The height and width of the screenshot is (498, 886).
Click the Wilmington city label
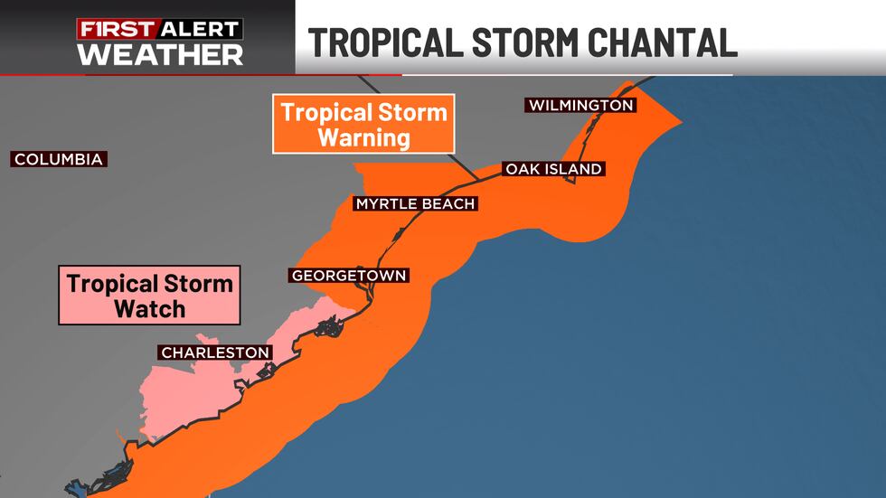(x=580, y=106)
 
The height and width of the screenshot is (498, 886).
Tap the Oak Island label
(x=552, y=169)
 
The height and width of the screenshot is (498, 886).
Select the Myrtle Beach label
(x=415, y=204)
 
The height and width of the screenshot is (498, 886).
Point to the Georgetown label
(x=349, y=276)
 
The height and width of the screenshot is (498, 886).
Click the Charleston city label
(x=215, y=352)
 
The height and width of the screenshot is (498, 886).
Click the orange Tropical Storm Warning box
(x=363, y=125)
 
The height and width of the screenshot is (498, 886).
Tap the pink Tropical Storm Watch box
(x=149, y=296)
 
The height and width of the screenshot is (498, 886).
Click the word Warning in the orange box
(x=363, y=138)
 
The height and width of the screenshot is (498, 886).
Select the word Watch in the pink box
(x=149, y=308)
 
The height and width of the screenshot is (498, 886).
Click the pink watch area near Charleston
(x=181, y=398)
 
